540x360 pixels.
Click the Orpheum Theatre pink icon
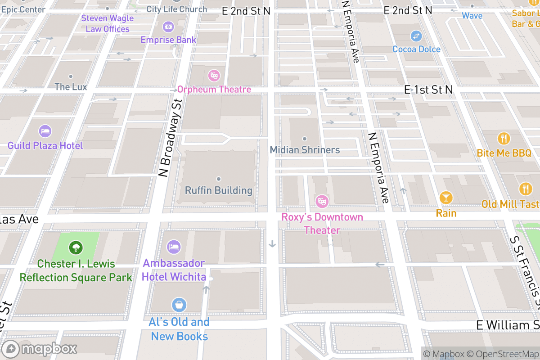[x=214, y=75]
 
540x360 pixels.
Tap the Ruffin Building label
[x=219, y=190]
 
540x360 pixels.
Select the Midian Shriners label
[x=305, y=150]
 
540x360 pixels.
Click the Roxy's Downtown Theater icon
[x=322, y=201]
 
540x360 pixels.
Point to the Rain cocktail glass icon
[x=446, y=198]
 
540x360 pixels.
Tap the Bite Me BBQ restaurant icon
[x=504, y=138]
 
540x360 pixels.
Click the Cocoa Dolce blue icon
[x=416, y=35]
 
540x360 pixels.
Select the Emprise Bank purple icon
[x=168, y=27]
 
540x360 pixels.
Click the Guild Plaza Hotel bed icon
[x=45, y=131]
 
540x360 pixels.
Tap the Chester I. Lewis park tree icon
[x=76, y=247]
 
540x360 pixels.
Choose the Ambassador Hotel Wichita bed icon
[x=174, y=247]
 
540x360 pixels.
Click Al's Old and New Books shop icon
[x=179, y=305]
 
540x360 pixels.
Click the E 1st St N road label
[x=428, y=90]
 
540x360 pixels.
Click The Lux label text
[x=71, y=87]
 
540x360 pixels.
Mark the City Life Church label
[x=176, y=9]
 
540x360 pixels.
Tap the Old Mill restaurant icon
[x=525, y=189]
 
